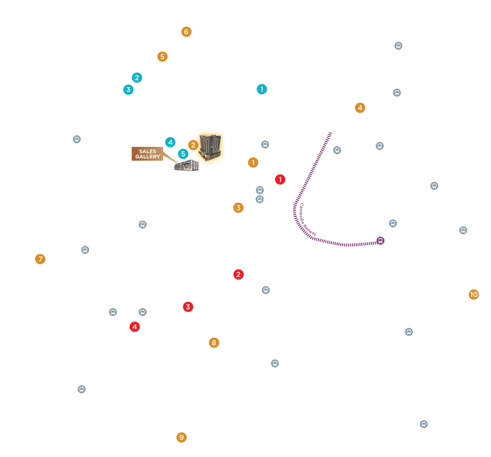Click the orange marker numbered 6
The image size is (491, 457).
pos(186,32)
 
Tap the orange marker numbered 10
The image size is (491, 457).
pos(473,294)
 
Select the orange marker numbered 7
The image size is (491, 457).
pos(40,259)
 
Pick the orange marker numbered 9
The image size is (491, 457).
pos(182,437)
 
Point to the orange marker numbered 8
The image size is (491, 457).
pos(214,343)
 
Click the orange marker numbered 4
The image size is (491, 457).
pos(360,108)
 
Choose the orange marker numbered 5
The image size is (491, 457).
pos(162,56)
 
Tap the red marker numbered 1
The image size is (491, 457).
pos(280,180)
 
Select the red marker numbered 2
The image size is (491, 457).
pos(238,274)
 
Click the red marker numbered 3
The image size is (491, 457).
pos(188,307)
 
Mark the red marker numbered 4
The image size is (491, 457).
pos(134,327)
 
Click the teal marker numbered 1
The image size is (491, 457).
pos(262,89)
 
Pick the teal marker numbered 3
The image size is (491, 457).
pos(128,90)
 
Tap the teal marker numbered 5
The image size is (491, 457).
pos(183,154)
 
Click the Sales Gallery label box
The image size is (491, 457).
pos(147,154)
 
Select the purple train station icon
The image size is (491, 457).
pos(380,240)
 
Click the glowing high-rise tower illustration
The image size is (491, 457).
pos(210,147)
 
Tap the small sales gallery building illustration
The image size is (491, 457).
pos(187,165)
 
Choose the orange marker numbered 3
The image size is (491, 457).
pos(238,207)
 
